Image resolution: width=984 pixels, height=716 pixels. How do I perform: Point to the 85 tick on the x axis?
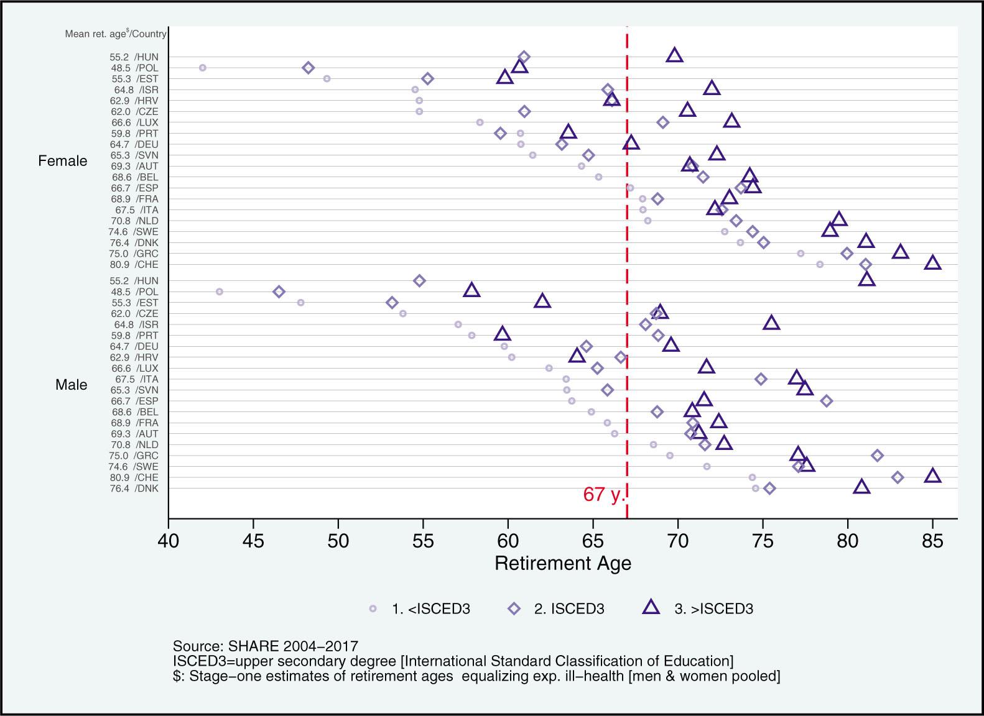point(932,540)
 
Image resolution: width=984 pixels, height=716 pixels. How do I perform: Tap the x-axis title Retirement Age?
point(563,564)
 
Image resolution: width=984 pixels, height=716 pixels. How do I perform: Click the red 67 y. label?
point(603,495)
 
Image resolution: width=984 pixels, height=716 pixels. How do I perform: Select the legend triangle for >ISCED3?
point(651,607)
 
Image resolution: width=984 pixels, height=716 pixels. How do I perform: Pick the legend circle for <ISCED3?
point(373,609)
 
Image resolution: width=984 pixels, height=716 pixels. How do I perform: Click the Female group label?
point(63,161)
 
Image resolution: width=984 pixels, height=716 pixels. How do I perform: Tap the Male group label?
point(71,385)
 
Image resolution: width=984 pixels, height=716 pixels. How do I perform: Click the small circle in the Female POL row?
point(202,68)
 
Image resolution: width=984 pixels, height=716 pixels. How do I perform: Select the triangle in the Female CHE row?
point(932,263)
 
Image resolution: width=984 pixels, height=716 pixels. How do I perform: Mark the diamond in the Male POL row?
point(279,291)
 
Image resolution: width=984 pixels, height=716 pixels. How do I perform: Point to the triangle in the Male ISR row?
point(772,323)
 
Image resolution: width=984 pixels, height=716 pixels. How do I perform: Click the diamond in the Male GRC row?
point(878,456)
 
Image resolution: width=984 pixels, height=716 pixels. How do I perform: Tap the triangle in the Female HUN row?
point(675,55)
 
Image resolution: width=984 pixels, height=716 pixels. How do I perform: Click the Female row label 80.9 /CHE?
point(134,265)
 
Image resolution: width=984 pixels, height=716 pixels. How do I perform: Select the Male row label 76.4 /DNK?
point(134,489)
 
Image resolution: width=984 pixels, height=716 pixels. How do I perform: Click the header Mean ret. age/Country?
point(116,34)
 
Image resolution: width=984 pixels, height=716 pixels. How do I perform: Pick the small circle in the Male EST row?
point(301,303)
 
